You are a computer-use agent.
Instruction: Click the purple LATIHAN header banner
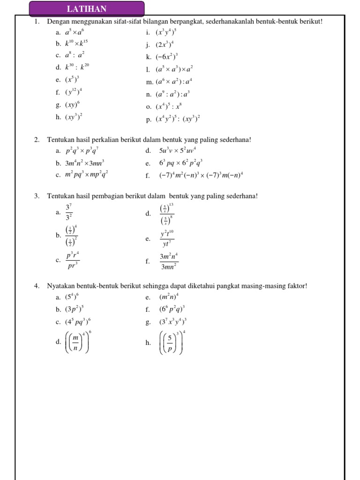tap(87, 9)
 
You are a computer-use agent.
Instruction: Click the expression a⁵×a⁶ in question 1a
tap(75, 33)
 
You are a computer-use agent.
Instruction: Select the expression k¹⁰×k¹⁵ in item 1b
tap(76, 45)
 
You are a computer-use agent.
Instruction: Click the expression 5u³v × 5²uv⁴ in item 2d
tap(177, 151)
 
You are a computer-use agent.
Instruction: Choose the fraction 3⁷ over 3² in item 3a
tap(68, 213)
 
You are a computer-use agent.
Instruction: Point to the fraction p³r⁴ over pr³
tap(72, 260)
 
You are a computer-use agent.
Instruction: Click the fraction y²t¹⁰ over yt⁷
tap(167, 239)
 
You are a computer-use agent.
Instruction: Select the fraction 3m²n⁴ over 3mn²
tap(169, 262)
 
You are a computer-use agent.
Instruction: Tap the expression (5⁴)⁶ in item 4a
tap(72, 297)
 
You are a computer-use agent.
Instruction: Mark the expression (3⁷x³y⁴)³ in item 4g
tap(173, 322)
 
